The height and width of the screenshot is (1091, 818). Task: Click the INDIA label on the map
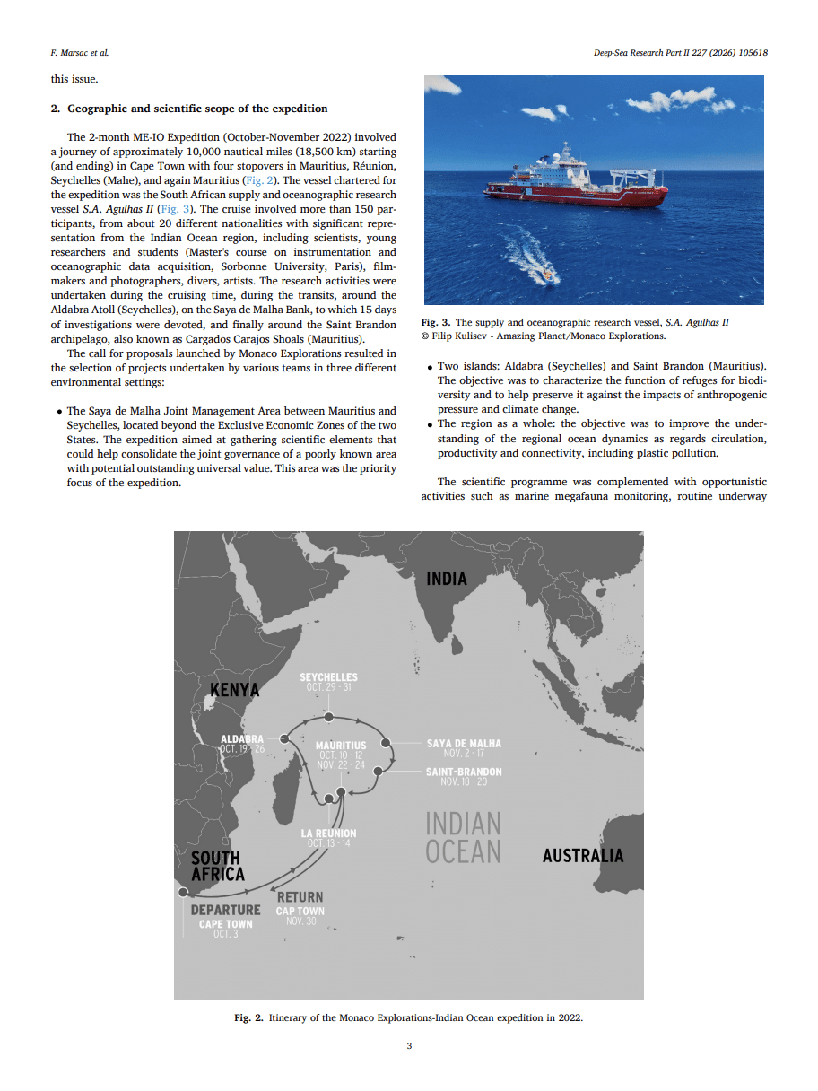(447, 579)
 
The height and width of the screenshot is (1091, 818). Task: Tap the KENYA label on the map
(234, 690)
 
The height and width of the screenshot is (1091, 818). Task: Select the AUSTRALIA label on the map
(582, 855)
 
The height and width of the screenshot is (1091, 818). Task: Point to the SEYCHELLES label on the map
(328, 677)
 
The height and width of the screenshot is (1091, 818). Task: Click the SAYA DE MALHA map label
(464, 744)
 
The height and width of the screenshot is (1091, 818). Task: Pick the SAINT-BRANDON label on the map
(464, 772)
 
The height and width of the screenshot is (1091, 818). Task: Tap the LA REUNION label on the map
(328, 834)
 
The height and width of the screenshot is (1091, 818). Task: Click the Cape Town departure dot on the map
(183, 892)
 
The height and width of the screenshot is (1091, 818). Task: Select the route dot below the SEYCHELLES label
(329, 717)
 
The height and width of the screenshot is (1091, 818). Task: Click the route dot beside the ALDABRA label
(283, 738)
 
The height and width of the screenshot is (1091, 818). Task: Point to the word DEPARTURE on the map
(225, 910)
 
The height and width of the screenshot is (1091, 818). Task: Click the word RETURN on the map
(300, 897)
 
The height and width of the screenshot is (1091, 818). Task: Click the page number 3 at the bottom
(409, 1046)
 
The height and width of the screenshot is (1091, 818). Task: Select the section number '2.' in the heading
(55, 109)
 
